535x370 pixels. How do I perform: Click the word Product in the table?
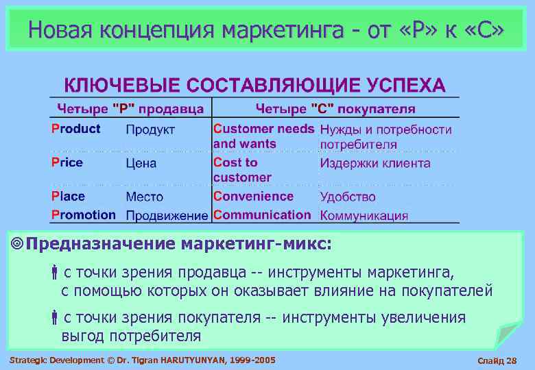pos(75,129)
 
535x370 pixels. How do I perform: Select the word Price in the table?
pos(67,162)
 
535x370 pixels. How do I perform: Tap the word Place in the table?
pos(68,196)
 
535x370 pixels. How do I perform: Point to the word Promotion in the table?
pos(84,214)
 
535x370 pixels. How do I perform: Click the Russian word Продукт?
pos(150,129)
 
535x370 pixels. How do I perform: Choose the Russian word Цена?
pos(141,163)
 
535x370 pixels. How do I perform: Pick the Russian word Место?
pos(144,197)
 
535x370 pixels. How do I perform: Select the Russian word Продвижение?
pos(167,215)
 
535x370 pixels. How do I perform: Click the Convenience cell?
pos(253,196)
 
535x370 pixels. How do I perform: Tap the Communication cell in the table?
pos(262,214)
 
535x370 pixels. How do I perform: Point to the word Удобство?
pos(348,197)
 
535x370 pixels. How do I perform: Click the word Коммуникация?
pos(364,215)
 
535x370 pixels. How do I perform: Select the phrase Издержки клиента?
pos(375,163)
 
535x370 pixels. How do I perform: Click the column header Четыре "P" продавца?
pos(130,108)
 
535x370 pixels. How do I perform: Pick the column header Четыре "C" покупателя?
pos(335,108)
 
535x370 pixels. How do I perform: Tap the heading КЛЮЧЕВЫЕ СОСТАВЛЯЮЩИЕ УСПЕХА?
pos(254,86)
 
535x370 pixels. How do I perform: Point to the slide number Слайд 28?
pos(500,360)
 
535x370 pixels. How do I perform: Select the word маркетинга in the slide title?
pos(287,29)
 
